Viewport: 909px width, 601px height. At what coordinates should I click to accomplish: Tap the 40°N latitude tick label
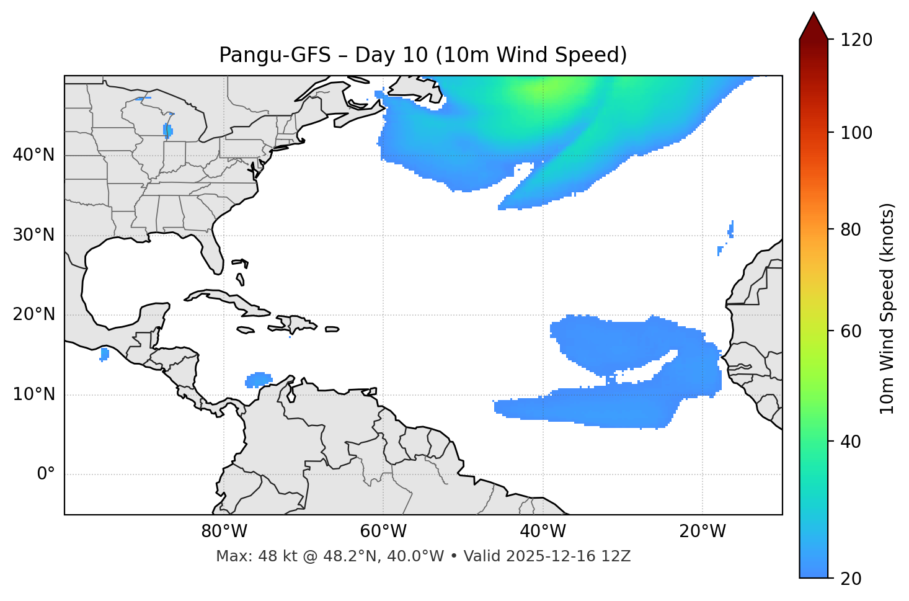tap(33, 155)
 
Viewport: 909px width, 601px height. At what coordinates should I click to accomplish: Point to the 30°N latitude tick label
tap(33, 235)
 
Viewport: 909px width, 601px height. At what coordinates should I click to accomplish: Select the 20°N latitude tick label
tap(33, 314)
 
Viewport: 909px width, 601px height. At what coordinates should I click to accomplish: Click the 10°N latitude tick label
tap(33, 394)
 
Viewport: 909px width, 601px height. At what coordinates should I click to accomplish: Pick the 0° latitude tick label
tap(45, 474)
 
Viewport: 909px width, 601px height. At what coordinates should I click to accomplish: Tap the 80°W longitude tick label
tap(224, 532)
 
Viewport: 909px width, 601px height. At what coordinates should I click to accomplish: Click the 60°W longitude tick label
tap(383, 532)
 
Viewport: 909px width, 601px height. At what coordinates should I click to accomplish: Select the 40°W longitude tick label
tap(543, 532)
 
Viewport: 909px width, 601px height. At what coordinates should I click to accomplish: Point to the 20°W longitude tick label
tap(702, 532)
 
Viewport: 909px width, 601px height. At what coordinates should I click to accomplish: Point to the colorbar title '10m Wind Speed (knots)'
tap(887, 308)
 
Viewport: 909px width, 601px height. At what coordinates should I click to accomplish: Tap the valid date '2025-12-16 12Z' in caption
tap(568, 556)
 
